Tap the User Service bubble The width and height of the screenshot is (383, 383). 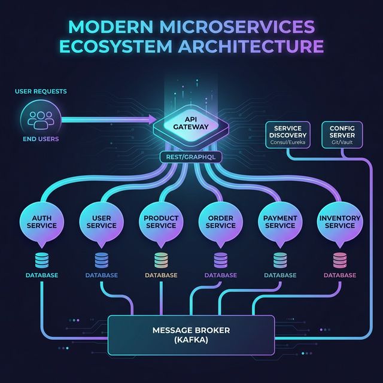pos(101,221)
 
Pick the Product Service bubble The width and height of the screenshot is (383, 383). pos(161,221)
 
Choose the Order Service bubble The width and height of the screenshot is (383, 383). pos(221,221)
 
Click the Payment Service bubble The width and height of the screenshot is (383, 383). pos(280,221)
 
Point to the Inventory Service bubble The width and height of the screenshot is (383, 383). pos(339,221)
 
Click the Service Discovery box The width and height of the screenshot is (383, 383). pos(288,135)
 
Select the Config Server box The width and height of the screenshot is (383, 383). pos(342,135)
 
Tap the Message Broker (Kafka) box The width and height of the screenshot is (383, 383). pos(191,335)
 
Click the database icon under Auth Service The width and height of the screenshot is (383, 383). pos(42,259)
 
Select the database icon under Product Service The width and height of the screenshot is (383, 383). pos(161,259)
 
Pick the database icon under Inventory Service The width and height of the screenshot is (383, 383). pos(339,259)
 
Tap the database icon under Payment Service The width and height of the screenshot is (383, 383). pos(280,259)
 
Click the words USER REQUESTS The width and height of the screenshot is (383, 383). pos(41,92)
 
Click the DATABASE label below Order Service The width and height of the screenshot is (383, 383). pos(221,275)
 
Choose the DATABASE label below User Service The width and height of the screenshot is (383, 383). pos(101,275)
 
